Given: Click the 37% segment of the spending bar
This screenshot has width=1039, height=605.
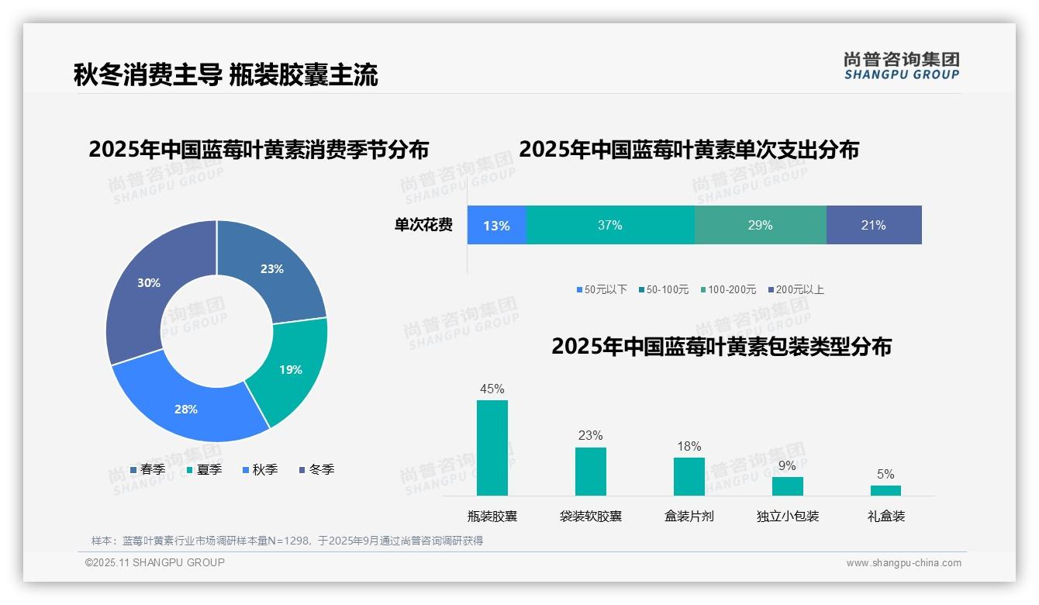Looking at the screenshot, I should pos(610,225).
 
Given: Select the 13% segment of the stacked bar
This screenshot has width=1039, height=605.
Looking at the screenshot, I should pos(496,226).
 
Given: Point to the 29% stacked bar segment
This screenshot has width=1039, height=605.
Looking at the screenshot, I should pos(760,225).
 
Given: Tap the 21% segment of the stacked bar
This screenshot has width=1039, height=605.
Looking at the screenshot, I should pos(873,225).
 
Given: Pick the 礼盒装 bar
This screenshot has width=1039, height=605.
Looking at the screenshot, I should pos(885,490).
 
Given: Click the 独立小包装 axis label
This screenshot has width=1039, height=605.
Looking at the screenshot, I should pos(787,516).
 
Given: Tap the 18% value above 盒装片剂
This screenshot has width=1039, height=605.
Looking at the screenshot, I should pos(689,446).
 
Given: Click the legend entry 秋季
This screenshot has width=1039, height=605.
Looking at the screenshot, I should pos(261,469).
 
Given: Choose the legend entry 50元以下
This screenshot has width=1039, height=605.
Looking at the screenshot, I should pos(602,289).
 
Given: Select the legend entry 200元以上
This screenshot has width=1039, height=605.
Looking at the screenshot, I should pos(796,289).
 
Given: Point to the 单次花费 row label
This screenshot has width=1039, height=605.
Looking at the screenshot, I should pos(423,225).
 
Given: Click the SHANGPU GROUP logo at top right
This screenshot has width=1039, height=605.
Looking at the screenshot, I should pos(901,65).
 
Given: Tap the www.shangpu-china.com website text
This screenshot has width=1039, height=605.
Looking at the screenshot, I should pos(903,563).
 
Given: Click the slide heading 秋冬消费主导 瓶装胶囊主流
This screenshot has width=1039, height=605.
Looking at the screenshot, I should pos(226,75).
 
